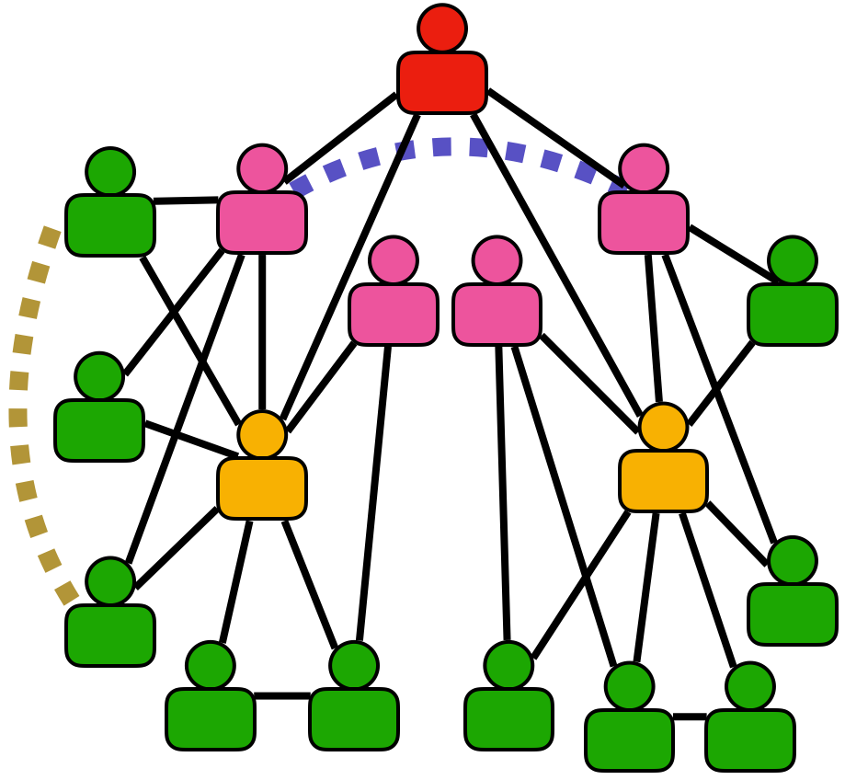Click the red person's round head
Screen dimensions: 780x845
click(x=442, y=28)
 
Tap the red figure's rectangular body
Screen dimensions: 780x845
click(x=442, y=83)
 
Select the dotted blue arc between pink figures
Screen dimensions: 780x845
click(x=442, y=146)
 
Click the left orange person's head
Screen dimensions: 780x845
click(x=262, y=434)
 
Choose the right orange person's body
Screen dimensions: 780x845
click(x=663, y=480)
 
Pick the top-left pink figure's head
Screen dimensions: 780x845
click(x=262, y=168)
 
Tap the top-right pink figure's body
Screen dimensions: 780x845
click(x=644, y=222)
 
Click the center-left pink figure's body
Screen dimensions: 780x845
click(x=394, y=314)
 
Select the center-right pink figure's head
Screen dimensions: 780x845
click(x=497, y=259)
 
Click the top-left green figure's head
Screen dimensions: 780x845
click(x=110, y=171)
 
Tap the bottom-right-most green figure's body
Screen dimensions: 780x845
click(x=750, y=740)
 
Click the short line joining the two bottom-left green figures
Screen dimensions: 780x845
click(x=282, y=695)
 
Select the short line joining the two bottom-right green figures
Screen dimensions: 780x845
click(x=690, y=717)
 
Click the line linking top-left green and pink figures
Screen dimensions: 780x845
click(x=186, y=201)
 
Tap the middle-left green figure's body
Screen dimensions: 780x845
click(x=99, y=430)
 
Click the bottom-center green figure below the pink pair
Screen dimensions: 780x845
click(x=508, y=717)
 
